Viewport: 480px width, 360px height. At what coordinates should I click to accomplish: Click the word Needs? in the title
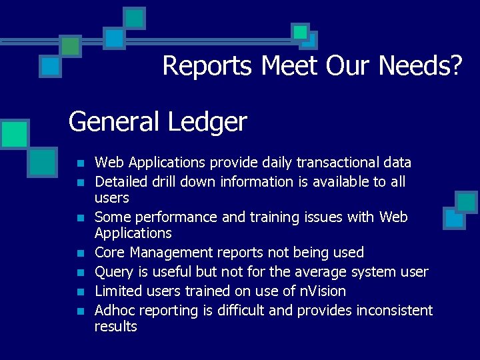coord(420,66)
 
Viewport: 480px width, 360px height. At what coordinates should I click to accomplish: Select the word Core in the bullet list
coord(110,253)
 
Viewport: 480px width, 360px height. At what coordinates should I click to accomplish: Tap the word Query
coord(113,272)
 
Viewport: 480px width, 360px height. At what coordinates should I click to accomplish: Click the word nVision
coord(322,291)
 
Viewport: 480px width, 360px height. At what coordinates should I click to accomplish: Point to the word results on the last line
coord(116,327)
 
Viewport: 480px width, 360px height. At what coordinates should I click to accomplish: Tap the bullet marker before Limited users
coord(80,292)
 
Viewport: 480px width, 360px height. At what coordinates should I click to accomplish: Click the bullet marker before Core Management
coord(80,253)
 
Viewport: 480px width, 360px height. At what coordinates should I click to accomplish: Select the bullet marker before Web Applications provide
coord(80,163)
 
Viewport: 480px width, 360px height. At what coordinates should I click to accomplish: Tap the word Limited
coord(119,291)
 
